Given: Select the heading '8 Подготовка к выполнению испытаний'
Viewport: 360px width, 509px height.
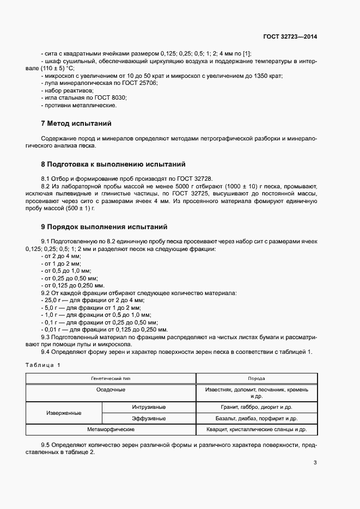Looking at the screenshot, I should tap(113, 164).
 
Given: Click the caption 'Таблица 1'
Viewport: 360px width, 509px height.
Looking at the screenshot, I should tap(44, 364).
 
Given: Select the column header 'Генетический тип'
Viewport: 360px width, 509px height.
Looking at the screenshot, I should tap(111, 378).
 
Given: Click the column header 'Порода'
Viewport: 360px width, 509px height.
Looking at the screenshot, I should tap(256, 378).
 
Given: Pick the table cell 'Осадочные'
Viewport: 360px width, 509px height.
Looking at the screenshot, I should tap(111, 390).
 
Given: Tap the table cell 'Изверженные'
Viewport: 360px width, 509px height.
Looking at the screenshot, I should tap(64, 413).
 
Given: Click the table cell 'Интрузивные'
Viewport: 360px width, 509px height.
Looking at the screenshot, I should tap(149, 407).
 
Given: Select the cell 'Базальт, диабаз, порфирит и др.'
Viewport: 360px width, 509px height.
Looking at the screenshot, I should tap(256, 419).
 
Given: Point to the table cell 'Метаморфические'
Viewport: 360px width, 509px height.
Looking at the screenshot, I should tap(111, 430).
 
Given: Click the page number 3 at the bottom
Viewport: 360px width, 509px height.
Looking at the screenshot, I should tap(315, 463).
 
